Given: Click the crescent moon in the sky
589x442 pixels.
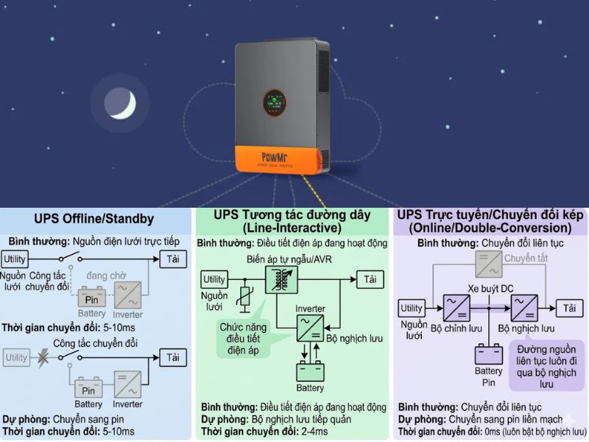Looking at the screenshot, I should click(x=119, y=104).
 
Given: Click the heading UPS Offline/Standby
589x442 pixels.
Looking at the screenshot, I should click(x=94, y=219).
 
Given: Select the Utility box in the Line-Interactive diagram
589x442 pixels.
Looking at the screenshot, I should click(x=214, y=280).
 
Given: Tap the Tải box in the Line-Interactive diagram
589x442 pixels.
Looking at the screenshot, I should click(x=370, y=279).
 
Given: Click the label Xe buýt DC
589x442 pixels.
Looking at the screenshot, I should click(x=490, y=288).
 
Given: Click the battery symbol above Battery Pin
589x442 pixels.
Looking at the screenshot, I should click(x=488, y=353).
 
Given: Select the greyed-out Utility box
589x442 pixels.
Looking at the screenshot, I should click(x=17, y=358).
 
